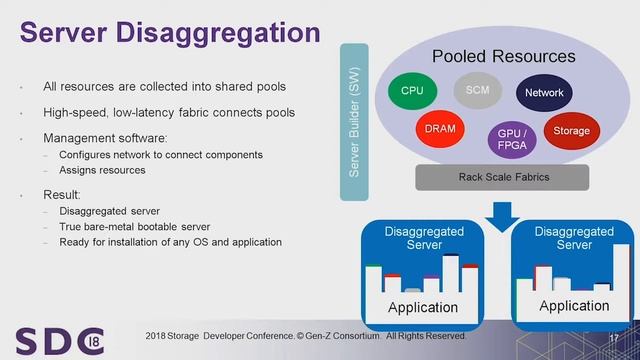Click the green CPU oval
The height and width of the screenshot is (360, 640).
[x=412, y=91]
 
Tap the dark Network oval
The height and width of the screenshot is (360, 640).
[x=544, y=93]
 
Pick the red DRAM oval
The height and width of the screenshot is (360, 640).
[x=440, y=129]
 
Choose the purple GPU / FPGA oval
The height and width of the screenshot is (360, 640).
[x=507, y=138]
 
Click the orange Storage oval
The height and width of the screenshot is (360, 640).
[x=571, y=131]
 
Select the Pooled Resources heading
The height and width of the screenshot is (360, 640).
[x=503, y=56]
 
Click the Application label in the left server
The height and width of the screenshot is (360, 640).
[x=423, y=307]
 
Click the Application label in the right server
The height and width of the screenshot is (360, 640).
[x=574, y=306]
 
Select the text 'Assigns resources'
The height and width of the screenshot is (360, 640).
[x=102, y=170]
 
